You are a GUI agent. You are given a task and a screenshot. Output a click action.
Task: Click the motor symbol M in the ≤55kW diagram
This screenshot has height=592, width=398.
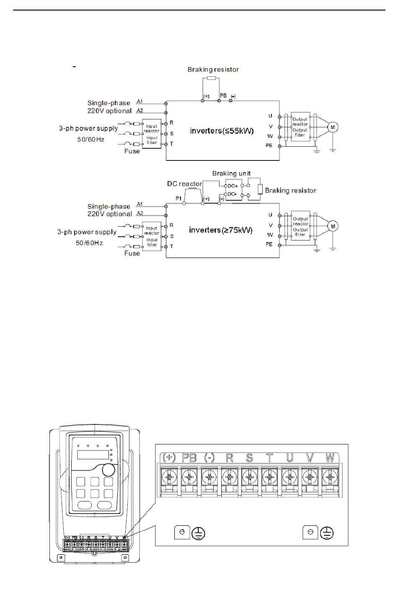click(x=333, y=127)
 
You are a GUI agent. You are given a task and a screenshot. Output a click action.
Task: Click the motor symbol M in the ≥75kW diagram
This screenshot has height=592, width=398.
click(x=333, y=226)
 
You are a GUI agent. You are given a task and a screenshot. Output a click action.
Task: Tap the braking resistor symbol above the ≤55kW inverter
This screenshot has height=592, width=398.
click(x=212, y=78)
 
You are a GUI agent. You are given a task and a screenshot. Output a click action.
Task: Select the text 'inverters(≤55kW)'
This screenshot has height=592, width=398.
click(x=222, y=131)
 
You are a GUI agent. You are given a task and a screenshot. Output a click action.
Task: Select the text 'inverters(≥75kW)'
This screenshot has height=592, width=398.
click(x=221, y=230)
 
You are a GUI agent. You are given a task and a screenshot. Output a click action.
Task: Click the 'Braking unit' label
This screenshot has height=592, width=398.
click(x=231, y=173)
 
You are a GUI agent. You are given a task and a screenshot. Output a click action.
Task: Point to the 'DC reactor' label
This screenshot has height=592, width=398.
click(x=184, y=184)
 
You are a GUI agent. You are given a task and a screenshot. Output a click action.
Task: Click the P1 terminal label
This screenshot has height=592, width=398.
click(x=178, y=199)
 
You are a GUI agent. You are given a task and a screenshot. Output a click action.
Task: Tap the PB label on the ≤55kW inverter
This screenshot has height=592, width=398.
click(x=223, y=96)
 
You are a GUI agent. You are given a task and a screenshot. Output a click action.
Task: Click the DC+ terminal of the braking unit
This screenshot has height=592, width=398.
click(x=233, y=186)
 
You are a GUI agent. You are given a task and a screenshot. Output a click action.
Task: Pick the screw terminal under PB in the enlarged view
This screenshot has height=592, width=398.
click(x=189, y=477)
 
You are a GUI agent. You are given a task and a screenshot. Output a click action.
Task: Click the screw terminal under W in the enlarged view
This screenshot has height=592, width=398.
click(x=330, y=477)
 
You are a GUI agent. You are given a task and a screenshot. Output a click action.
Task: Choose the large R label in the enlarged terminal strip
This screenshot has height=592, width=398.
click(x=230, y=458)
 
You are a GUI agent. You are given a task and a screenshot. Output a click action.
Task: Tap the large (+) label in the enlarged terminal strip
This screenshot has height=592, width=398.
click(x=169, y=458)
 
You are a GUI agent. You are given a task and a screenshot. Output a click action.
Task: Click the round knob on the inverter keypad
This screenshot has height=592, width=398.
click(x=109, y=470)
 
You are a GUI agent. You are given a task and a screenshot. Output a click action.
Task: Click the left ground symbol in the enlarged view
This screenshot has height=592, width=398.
click(x=198, y=533)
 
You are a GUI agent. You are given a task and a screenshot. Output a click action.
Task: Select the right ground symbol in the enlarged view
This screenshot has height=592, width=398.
click(x=326, y=533)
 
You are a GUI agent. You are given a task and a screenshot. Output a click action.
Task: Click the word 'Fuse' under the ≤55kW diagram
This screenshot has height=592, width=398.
click(x=132, y=151)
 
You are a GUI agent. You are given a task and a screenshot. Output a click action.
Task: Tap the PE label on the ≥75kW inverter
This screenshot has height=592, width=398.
click(x=269, y=245)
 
